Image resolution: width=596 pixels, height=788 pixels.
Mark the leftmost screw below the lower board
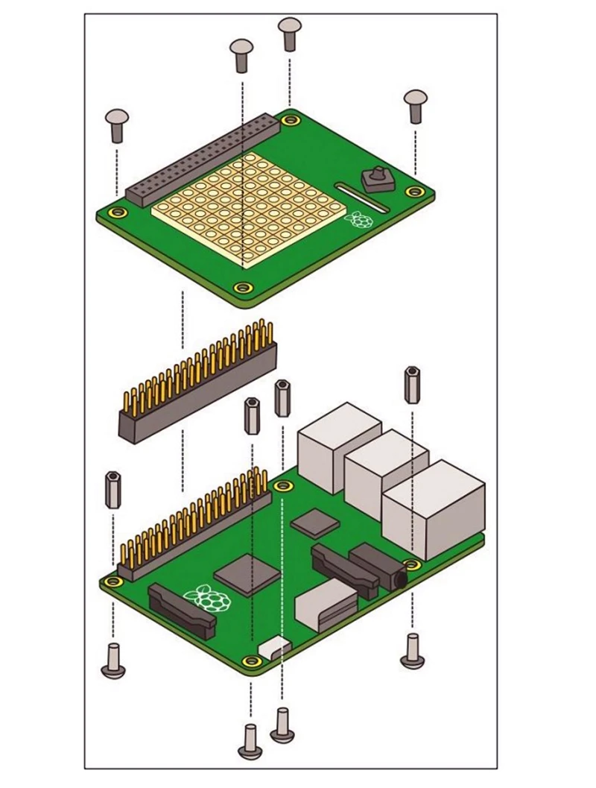tap(113, 661)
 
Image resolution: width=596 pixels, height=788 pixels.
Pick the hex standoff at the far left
tap(112, 490)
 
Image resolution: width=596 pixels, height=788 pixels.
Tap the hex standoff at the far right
tap(411, 385)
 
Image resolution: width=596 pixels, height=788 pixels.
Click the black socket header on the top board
tap(197, 160)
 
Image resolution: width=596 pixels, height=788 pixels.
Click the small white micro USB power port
tap(273, 647)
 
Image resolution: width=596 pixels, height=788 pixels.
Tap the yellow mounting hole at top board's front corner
tap(241, 288)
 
